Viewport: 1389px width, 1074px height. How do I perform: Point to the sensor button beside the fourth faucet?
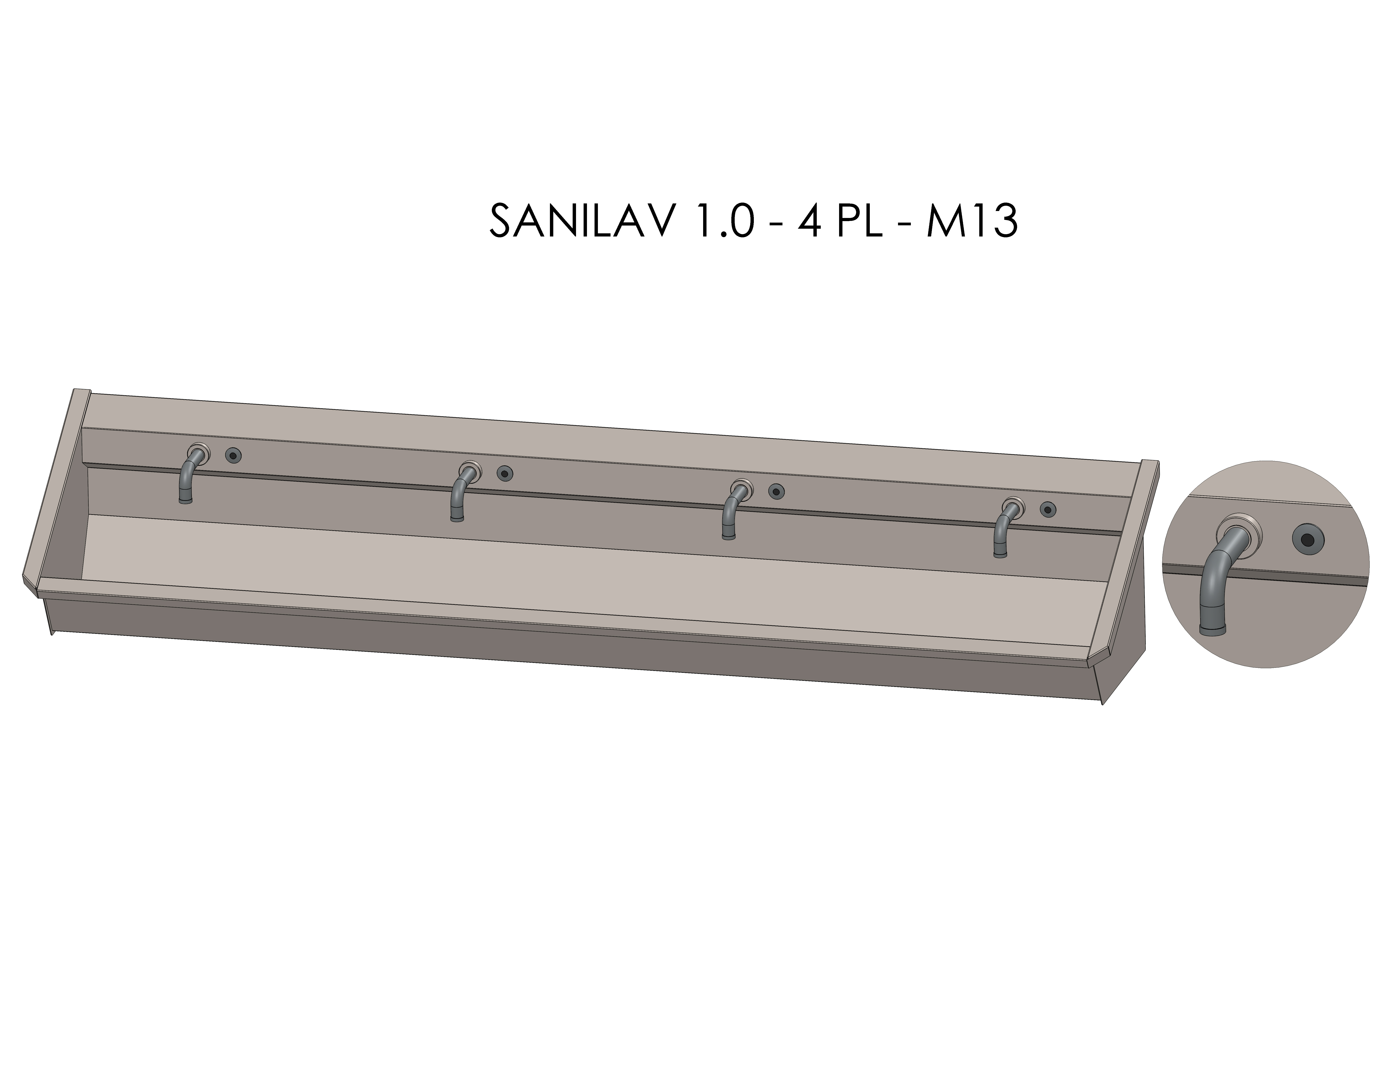(1047, 509)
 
